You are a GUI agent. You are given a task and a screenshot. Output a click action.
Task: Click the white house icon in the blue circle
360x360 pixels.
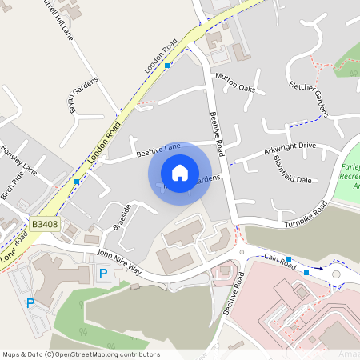coord(180,173)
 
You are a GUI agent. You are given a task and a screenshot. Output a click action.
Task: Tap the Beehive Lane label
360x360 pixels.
coord(158,149)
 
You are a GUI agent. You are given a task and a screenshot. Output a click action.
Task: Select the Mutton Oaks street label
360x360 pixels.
coord(234,82)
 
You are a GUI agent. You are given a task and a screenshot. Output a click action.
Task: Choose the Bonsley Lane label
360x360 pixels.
coord(19,160)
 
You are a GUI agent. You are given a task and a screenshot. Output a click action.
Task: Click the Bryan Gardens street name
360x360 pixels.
coord(85,97)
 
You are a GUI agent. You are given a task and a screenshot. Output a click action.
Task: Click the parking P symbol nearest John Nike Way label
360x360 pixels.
coord(102,274)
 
